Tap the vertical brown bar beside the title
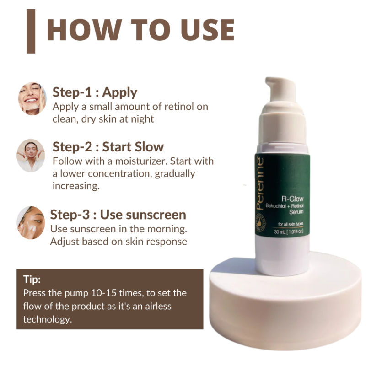[31, 30]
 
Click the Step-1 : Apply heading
[95, 92]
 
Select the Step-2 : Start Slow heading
[108, 147]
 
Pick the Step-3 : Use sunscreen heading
[118, 214]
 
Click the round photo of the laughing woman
[32, 98]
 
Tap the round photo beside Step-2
[31, 156]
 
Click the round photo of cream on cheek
[31, 223]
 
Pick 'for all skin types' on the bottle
[291, 224]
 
